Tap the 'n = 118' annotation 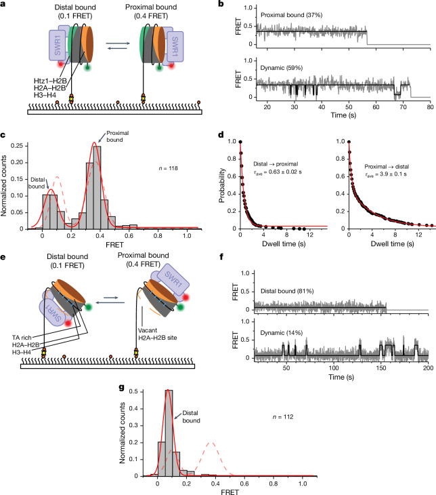coord(169,168)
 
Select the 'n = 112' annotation coord(283,417)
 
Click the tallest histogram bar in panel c coord(97,187)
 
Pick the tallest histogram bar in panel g coord(169,433)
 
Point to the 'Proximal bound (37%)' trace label coord(291,15)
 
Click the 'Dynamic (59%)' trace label coord(281,68)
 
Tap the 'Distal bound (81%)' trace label coord(287,291)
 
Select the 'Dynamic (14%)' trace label coord(281,333)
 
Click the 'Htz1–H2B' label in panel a coord(50,81)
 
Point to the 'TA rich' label coord(22,338)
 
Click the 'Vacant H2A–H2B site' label coord(157,334)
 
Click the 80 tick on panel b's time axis coord(431,106)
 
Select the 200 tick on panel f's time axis coord(428,368)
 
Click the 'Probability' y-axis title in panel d coord(221,185)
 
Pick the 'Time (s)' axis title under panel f coord(341,377)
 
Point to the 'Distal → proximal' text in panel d coord(276,164)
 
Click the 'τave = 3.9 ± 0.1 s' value coord(386,174)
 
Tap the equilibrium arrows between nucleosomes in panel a coord(118,45)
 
